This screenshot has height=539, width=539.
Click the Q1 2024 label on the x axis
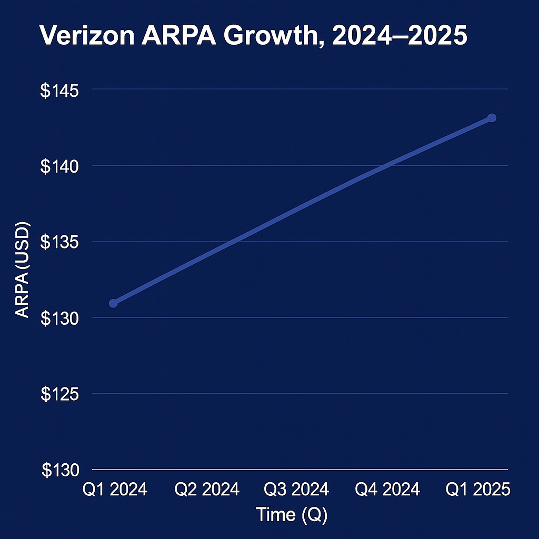[115, 490]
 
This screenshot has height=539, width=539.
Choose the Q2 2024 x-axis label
[207, 490]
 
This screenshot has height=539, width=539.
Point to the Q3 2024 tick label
[296, 490]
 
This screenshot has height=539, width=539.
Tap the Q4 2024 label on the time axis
[387, 490]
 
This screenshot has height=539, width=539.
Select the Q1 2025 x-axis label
[478, 490]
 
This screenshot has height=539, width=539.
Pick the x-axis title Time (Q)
[291, 514]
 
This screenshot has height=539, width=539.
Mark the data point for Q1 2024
[113, 303]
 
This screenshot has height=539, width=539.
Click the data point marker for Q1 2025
[492, 117]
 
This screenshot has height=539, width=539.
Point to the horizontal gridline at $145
[300, 89]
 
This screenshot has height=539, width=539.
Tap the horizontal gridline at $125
[300, 393]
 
